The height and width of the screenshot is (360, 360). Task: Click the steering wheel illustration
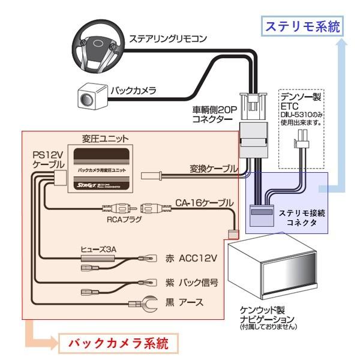96,45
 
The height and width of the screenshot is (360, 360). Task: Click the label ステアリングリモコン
169,39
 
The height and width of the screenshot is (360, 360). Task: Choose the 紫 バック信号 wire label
191,281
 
